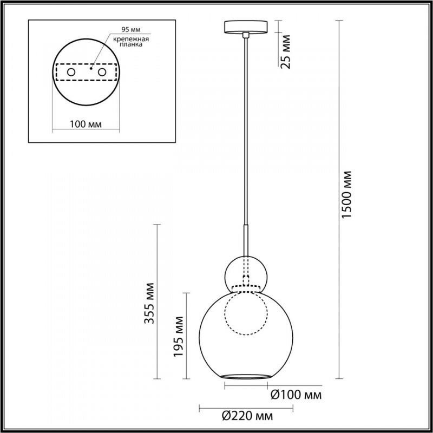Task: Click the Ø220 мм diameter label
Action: [247, 416]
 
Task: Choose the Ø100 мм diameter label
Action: [296, 395]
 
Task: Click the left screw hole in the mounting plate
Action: [71, 72]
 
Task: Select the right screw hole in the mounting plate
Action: [102, 72]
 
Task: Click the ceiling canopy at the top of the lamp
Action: [246, 27]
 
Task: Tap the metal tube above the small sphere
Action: [246, 241]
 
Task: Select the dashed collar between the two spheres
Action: [246, 287]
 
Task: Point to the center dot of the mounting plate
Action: [91, 69]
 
